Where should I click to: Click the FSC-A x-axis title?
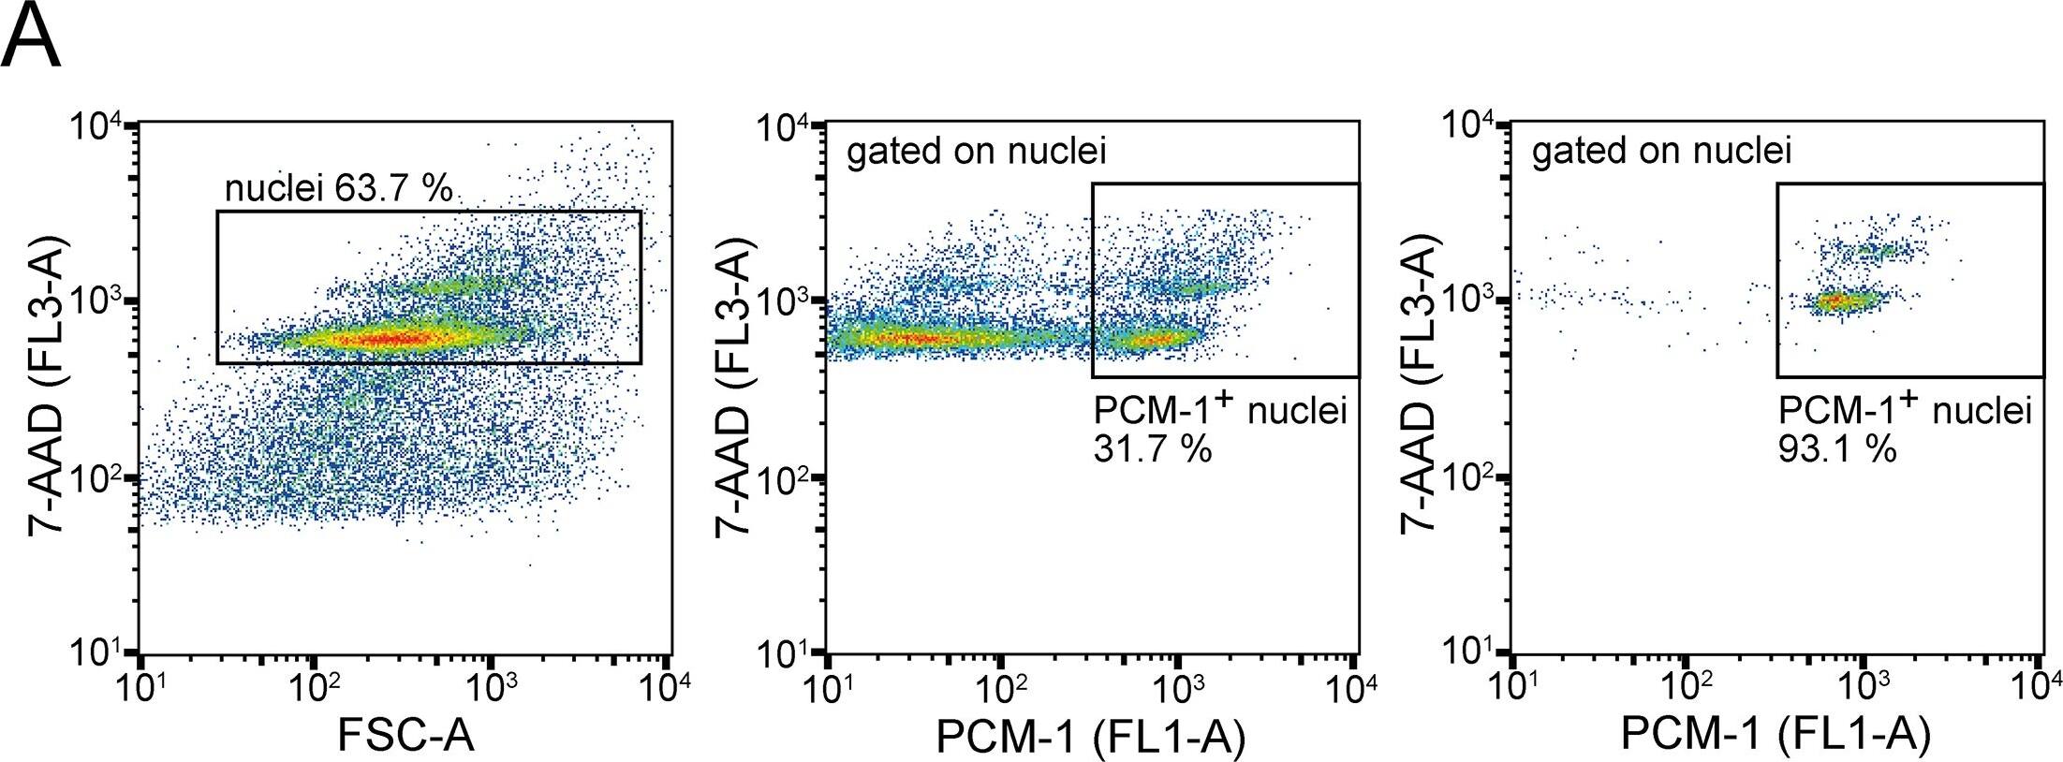pyautogui.click(x=405, y=735)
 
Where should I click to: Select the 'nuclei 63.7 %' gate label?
pyautogui.click(x=338, y=189)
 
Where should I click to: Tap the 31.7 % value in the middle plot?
pyautogui.click(x=1152, y=449)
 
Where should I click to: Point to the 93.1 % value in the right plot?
pyautogui.click(x=1837, y=449)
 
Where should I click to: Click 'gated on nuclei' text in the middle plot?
pyautogui.click(x=976, y=152)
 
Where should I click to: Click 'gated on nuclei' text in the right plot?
pyautogui.click(x=1661, y=152)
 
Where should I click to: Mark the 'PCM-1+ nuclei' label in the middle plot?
pyautogui.click(x=1219, y=411)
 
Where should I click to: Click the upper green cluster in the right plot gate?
pyautogui.click(x=1876, y=250)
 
